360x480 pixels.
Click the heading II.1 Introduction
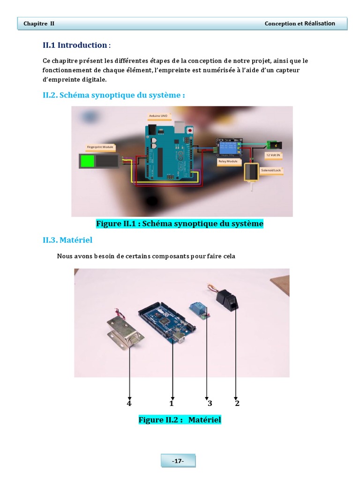pyautogui.click(x=75, y=45)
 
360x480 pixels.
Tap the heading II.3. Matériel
pyautogui.click(x=67, y=240)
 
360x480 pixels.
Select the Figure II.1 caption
pyautogui.click(x=180, y=224)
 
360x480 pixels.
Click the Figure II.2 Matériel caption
pyautogui.click(x=180, y=420)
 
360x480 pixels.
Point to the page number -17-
pyautogui.click(x=178, y=461)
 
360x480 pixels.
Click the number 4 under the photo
pyautogui.click(x=129, y=403)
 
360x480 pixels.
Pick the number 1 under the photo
pyautogui.click(x=172, y=403)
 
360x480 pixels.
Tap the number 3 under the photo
pyautogui.click(x=210, y=403)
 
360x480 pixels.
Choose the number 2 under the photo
pyautogui.click(x=237, y=403)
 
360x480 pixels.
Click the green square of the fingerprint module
pyautogui.click(x=88, y=161)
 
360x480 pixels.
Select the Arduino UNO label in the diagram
pyautogui.click(x=158, y=115)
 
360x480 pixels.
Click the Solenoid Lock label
pyautogui.click(x=271, y=171)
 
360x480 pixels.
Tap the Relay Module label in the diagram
pyautogui.click(x=228, y=161)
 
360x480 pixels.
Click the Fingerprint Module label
pyautogui.click(x=100, y=147)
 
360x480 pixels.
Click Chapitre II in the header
pyautogui.click(x=39, y=23)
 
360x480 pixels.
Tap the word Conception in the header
pyautogui.click(x=281, y=23)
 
